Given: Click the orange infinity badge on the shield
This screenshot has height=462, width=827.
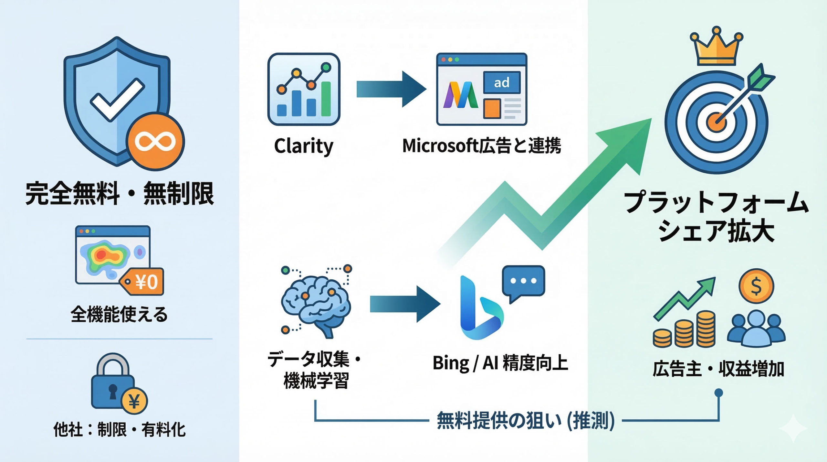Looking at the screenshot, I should pyautogui.click(x=155, y=142).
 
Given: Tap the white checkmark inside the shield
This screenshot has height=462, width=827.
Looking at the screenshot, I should pyautogui.click(x=117, y=99).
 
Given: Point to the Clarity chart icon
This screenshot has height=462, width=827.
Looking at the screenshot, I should pyautogui.click(x=304, y=89).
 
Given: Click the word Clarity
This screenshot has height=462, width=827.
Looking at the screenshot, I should pyautogui.click(x=303, y=146).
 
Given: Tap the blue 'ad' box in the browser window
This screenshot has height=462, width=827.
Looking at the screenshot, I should pyautogui.click(x=501, y=83).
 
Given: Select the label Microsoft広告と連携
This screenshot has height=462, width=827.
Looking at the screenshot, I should pyautogui.click(x=482, y=146).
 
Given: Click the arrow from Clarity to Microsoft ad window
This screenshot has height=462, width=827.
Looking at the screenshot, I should pyautogui.click(x=391, y=89).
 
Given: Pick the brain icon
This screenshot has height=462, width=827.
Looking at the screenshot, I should pyautogui.click(x=315, y=304).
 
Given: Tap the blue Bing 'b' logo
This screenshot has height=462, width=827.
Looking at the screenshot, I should pyautogui.click(x=480, y=309).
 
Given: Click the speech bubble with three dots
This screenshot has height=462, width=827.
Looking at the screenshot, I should pyautogui.click(x=523, y=281).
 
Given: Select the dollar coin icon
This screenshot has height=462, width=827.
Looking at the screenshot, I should pyautogui.click(x=756, y=286).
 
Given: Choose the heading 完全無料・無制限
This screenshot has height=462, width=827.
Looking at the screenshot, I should pyautogui.click(x=120, y=194).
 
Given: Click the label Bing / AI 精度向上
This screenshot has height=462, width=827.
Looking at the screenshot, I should pyautogui.click(x=500, y=363).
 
